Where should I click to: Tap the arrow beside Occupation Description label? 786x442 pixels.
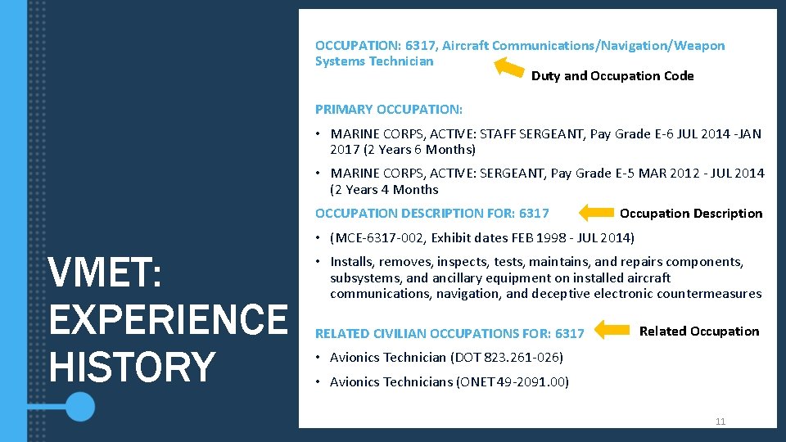[595, 214]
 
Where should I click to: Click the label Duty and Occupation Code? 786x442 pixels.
[612, 76]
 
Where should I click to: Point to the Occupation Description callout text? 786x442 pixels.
[691, 214]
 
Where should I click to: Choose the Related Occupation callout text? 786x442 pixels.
[699, 331]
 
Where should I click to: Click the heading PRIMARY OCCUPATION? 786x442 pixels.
[389, 109]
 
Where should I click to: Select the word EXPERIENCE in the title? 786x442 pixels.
[168, 319]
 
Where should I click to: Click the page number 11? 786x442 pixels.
[720, 422]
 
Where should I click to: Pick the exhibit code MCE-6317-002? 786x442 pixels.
[380, 238]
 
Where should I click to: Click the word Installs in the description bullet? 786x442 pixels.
[353, 262]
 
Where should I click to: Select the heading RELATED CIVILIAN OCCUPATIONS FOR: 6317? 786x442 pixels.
[449, 333]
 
